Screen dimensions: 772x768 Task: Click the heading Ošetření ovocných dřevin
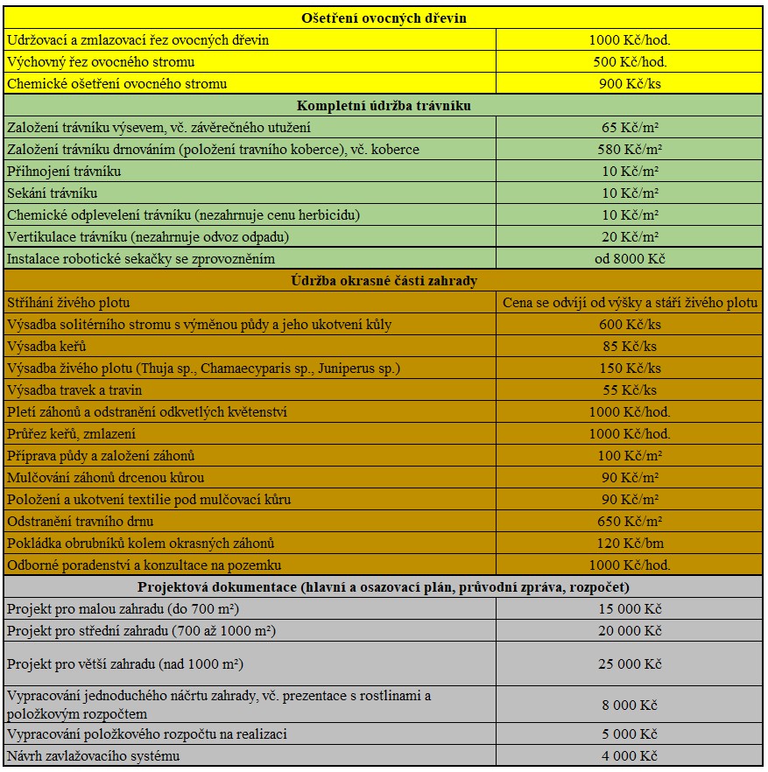(384, 18)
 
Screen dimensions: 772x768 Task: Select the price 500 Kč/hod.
(630, 62)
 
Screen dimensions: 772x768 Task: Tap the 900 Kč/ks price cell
(630, 84)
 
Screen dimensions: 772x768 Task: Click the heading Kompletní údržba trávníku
(384, 106)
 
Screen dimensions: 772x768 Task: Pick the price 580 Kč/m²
(630, 150)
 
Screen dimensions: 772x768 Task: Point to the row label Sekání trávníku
(52, 193)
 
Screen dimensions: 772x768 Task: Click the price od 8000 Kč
(630, 259)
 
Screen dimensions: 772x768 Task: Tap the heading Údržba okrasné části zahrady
(384, 281)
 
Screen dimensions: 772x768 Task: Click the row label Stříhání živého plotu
(68, 303)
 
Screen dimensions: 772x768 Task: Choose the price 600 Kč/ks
(630, 325)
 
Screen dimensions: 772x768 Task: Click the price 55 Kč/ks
(630, 390)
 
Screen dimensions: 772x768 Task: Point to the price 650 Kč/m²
(630, 522)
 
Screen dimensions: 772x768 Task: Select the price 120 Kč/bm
(630, 544)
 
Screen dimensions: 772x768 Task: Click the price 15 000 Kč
(630, 609)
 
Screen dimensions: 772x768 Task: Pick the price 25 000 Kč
(630, 664)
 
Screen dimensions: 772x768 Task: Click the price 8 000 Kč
(630, 705)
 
